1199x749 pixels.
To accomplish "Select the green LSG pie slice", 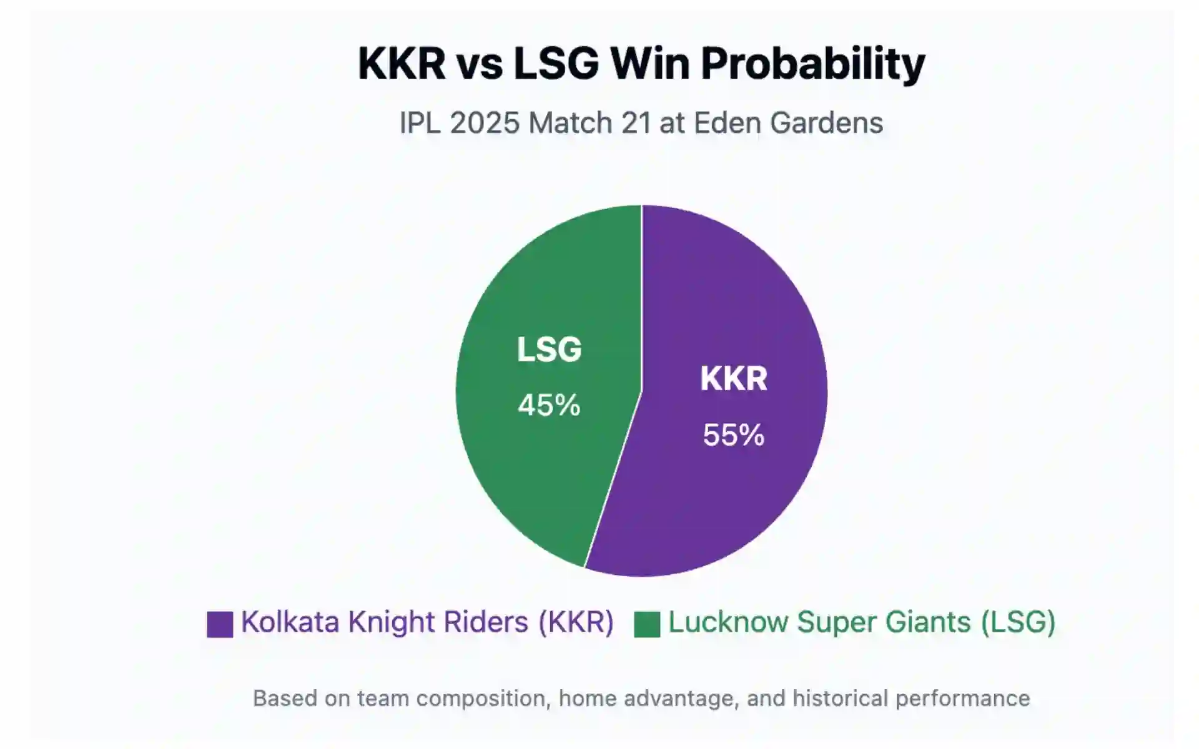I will (537, 474).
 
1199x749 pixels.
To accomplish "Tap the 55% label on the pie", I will (733, 435).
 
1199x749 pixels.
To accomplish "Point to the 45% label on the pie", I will (549, 405).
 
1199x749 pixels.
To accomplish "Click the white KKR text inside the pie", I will (733, 379).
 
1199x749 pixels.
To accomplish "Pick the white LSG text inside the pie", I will (549, 350).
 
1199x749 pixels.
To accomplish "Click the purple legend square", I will (220, 624).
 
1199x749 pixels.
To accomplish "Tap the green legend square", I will (647, 624).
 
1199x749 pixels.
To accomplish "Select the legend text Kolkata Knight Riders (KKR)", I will (427, 622).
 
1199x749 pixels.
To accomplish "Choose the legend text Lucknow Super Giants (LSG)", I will (862, 622).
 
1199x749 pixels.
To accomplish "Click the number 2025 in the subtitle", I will (485, 123).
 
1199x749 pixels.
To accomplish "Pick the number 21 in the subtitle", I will (637, 123).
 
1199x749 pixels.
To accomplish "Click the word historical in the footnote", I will (839, 698).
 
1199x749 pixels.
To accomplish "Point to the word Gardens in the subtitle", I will (826, 123).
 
